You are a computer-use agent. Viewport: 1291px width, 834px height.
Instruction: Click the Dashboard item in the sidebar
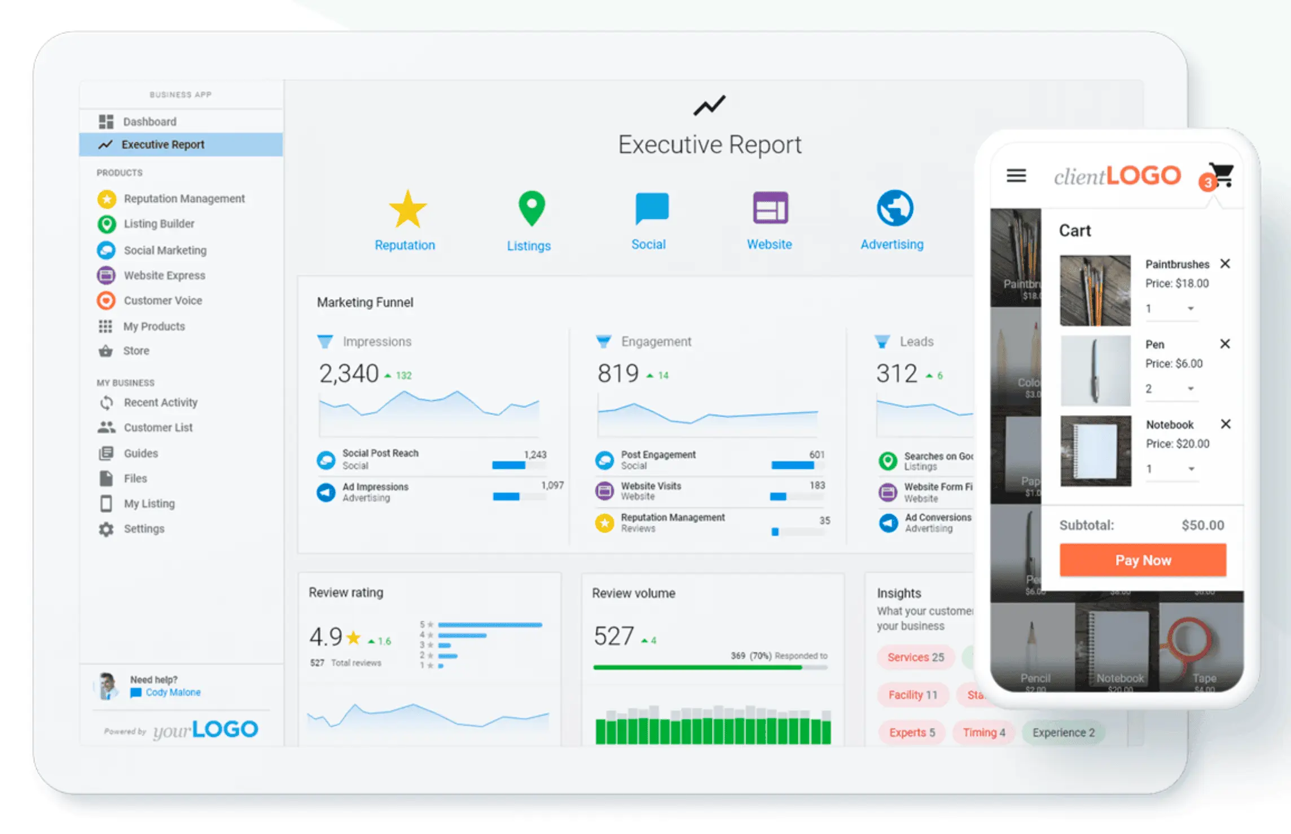click(x=149, y=121)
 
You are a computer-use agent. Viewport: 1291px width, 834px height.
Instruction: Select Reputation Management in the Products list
click(x=184, y=199)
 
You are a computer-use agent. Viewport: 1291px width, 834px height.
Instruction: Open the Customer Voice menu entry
click(x=163, y=301)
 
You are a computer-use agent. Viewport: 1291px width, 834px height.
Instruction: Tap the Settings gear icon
click(x=106, y=529)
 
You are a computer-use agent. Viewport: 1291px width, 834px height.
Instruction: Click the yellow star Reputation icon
click(x=407, y=209)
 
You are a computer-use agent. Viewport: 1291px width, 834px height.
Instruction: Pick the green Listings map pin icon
click(x=531, y=208)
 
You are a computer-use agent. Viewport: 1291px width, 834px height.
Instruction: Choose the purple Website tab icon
click(x=770, y=208)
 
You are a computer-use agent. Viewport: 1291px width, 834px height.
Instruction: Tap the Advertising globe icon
click(x=895, y=208)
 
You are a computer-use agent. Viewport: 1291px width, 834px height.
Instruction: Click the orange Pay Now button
click(x=1143, y=560)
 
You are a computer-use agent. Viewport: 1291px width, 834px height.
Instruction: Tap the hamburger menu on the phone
click(x=1016, y=176)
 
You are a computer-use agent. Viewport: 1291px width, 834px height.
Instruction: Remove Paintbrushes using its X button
click(x=1225, y=264)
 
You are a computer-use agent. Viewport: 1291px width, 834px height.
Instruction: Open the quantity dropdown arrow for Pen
click(x=1191, y=389)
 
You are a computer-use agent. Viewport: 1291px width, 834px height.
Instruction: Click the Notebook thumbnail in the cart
click(x=1095, y=451)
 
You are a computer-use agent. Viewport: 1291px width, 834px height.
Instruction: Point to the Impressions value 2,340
click(x=349, y=374)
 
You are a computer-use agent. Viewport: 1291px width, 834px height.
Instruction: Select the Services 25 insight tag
click(x=915, y=657)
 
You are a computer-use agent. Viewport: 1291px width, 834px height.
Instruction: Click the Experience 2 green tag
click(x=1063, y=732)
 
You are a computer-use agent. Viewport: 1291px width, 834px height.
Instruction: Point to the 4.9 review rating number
click(x=326, y=637)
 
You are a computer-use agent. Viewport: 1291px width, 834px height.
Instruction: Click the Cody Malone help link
click(x=173, y=692)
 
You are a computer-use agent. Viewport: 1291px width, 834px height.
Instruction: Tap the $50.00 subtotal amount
click(x=1203, y=525)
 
